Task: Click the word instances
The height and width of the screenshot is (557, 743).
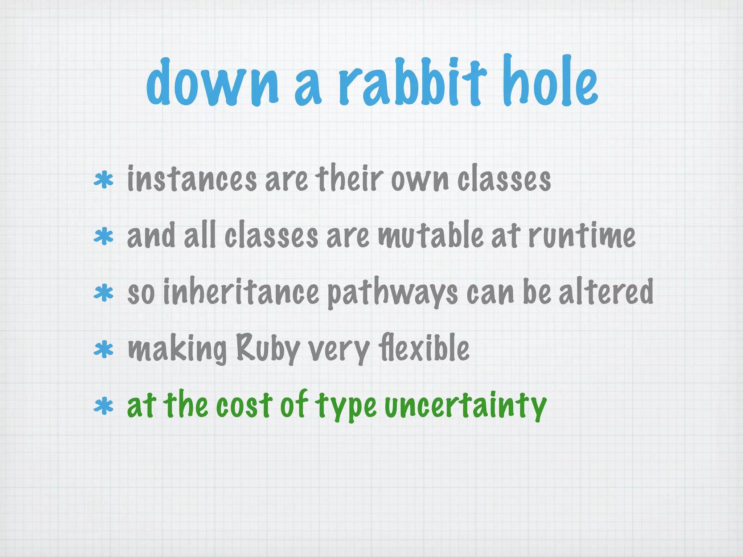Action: pyautogui.click(x=192, y=179)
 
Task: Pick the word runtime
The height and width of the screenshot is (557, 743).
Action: pyautogui.click(x=582, y=236)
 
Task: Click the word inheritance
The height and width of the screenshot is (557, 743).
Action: pyautogui.click(x=241, y=292)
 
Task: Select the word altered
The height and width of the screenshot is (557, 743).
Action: pyautogui.click(x=606, y=292)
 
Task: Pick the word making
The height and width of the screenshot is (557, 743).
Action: pyautogui.click(x=177, y=349)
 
